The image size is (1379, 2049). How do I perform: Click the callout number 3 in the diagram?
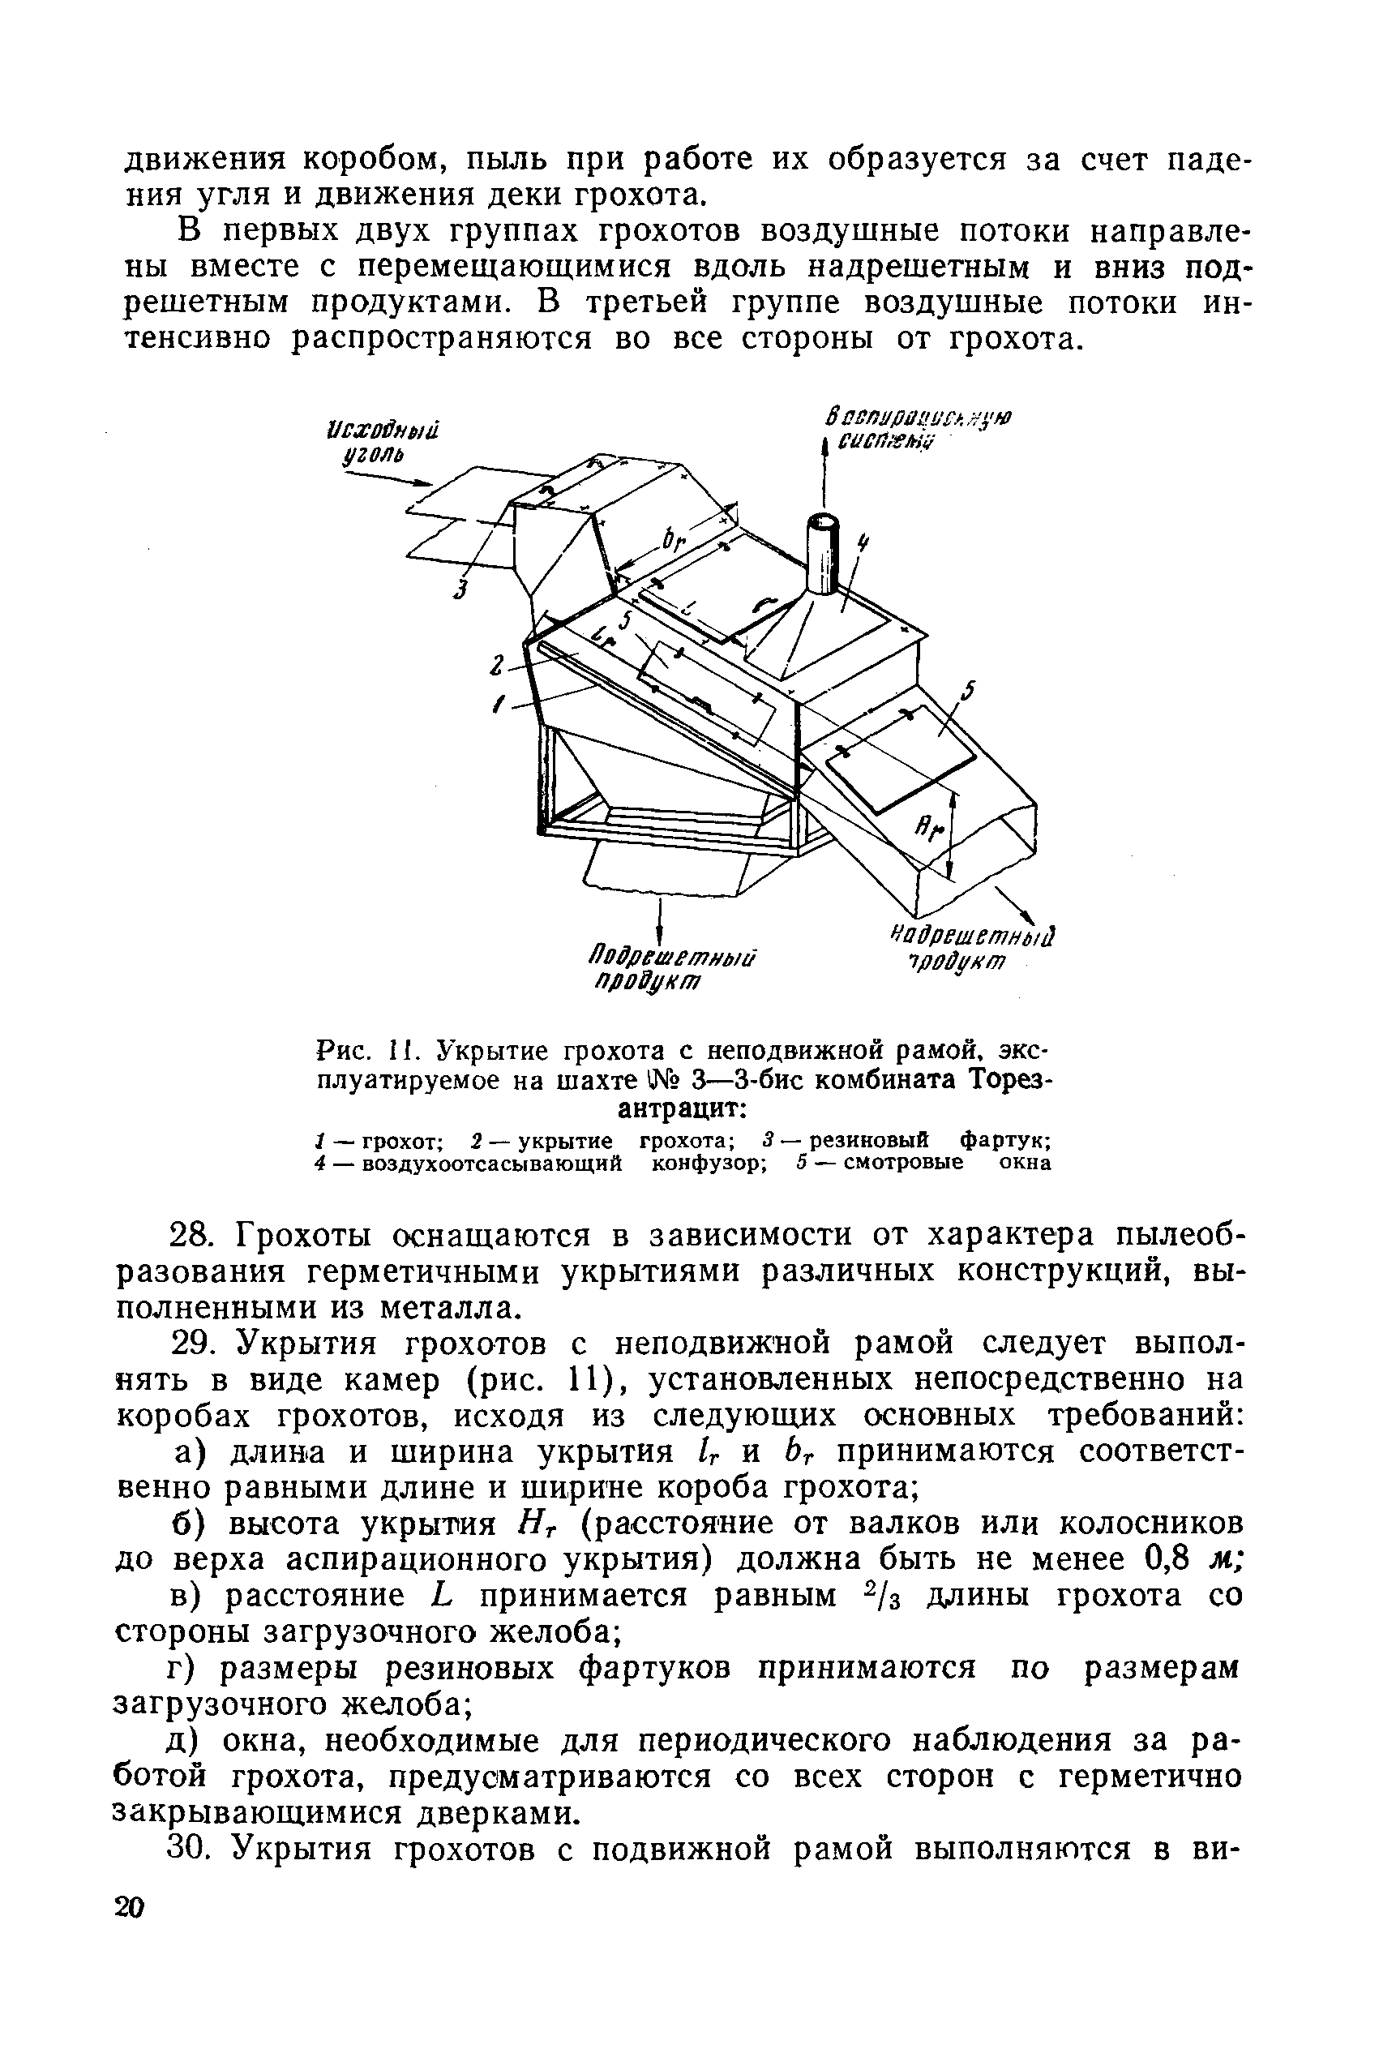(x=459, y=590)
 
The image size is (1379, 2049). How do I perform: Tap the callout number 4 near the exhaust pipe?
(x=863, y=543)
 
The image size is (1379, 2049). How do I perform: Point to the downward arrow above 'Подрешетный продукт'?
(x=659, y=921)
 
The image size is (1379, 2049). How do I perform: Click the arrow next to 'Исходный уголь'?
(x=387, y=478)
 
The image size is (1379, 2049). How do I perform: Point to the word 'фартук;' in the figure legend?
(x=1005, y=1141)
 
